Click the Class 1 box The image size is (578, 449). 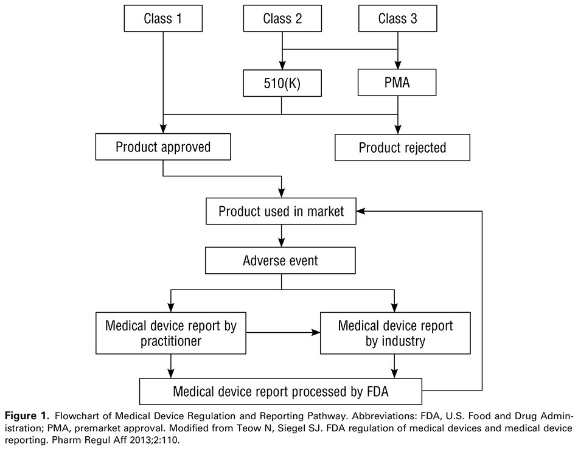[x=162, y=19]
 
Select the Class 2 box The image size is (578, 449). [x=282, y=19]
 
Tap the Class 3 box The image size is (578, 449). [x=397, y=19]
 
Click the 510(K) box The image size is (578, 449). [x=282, y=83]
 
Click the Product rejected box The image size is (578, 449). [x=402, y=147]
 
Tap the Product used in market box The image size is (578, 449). [x=281, y=211]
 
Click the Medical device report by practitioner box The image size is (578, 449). [x=170, y=333]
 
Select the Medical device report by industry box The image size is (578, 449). [x=395, y=333]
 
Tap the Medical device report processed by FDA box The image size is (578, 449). [x=280, y=392]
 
